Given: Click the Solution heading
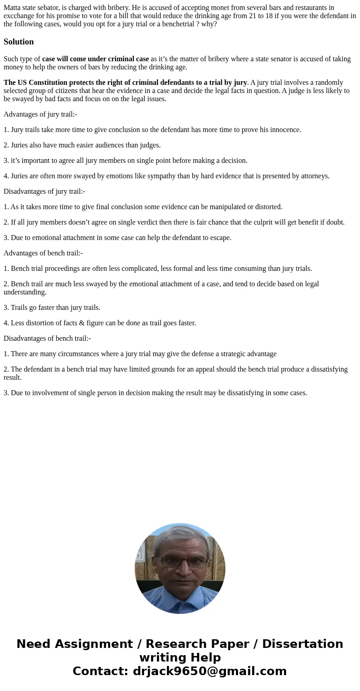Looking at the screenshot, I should [19, 42].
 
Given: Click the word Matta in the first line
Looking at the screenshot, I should [12, 8].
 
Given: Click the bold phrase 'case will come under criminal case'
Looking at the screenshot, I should [95, 59].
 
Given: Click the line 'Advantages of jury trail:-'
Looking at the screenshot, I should [40, 114].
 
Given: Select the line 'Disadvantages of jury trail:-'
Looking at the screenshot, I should [44, 191].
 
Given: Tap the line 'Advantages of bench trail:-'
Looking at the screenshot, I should [43, 253].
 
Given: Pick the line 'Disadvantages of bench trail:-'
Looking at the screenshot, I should [47, 338].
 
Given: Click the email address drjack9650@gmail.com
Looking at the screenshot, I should [209, 671].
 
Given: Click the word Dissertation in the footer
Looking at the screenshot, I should [302, 644].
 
